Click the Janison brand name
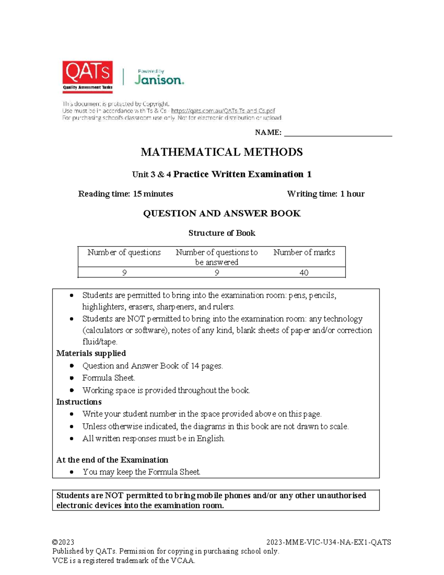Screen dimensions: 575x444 pyautogui.click(x=159, y=80)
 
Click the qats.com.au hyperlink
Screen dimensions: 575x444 pyautogui.click(x=223, y=111)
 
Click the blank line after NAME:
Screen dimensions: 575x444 pyautogui.click(x=337, y=133)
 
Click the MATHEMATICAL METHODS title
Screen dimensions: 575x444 pyautogui.click(x=222, y=152)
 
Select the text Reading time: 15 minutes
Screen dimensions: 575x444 pyautogui.click(x=125, y=194)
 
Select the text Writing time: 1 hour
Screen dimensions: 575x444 pyautogui.click(x=326, y=194)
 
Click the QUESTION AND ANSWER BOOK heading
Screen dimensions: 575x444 pyautogui.click(x=222, y=214)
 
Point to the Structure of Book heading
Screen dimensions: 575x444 pyautogui.click(x=222, y=233)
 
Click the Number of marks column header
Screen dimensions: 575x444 pyautogui.click(x=304, y=253)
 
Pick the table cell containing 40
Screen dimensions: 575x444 pyautogui.click(x=304, y=273)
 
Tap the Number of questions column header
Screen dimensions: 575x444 pyautogui.click(x=124, y=253)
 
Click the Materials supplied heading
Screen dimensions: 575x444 pyautogui.click(x=91, y=353)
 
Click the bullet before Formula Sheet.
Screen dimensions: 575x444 pyautogui.click(x=72, y=378)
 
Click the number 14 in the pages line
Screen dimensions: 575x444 pyautogui.click(x=195, y=366)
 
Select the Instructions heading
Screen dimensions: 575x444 pyautogui.click(x=79, y=402)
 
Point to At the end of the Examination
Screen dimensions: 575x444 pyautogui.click(x=112, y=460)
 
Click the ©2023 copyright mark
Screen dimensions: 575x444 pyautogui.click(x=63, y=542)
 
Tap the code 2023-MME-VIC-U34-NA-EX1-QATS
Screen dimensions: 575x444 pyautogui.click(x=329, y=542)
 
